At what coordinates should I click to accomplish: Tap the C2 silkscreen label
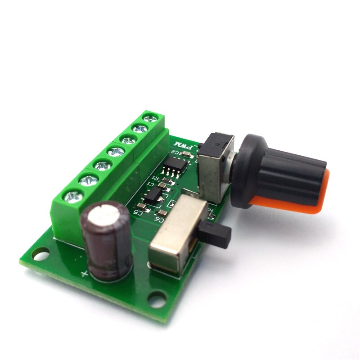point(184,154)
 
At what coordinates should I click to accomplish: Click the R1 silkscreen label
point(154,178)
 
